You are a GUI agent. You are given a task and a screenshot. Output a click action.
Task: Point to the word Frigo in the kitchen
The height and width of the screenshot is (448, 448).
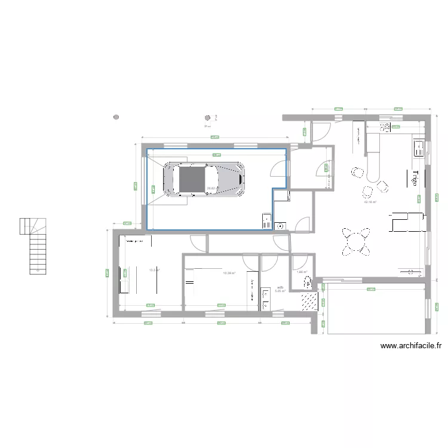(415, 177)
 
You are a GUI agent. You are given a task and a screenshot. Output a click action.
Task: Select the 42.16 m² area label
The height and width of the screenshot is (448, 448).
(370, 202)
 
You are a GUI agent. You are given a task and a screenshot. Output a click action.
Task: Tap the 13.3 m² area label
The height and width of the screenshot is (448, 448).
(154, 270)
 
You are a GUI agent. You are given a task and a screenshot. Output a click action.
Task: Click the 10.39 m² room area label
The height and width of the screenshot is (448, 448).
(229, 273)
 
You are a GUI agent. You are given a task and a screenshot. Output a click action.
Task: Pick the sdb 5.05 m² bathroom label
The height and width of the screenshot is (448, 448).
(280, 290)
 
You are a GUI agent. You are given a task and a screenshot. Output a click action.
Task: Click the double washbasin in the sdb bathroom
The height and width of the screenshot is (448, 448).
(265, 298)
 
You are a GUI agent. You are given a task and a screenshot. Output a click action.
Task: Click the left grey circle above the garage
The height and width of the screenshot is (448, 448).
(116, 117)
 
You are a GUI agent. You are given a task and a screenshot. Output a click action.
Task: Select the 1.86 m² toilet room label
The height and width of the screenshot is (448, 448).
(301, 272)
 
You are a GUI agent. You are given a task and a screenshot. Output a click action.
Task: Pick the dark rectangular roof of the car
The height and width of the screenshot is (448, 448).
(191, 179)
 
